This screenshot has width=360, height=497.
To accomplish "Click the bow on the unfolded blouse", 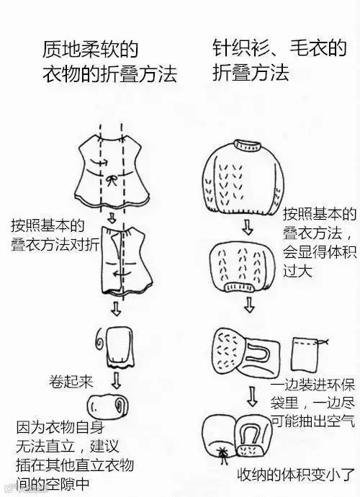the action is tap(112, 181).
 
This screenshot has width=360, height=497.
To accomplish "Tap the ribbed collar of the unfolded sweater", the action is tap(248, 145).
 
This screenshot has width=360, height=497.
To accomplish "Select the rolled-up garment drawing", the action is tap(107, 406).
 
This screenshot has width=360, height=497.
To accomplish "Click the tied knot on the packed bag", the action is tap(224, 452).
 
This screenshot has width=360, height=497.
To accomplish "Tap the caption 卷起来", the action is tap(71, 381).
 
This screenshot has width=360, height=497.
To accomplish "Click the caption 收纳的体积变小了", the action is tap(296, 474).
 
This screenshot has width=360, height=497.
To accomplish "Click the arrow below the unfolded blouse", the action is tap(112, 218).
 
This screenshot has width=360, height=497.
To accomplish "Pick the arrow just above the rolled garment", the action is tap(117, 380).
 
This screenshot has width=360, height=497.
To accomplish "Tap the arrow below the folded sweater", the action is tap(249, 305).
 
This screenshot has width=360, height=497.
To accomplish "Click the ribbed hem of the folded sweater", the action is tap(240, 286).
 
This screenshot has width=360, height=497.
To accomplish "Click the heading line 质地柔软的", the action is tap(90, 49).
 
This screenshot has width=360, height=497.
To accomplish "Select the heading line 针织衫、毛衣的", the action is tap(279, 48).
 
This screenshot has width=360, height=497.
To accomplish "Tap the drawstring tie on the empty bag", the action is tap(323, 342).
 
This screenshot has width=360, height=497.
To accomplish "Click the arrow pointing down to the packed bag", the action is tap(252, 396).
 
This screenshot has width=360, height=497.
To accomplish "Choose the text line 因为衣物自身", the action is tap(60, 427).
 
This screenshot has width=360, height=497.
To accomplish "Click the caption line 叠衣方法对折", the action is tap(55, 245).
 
